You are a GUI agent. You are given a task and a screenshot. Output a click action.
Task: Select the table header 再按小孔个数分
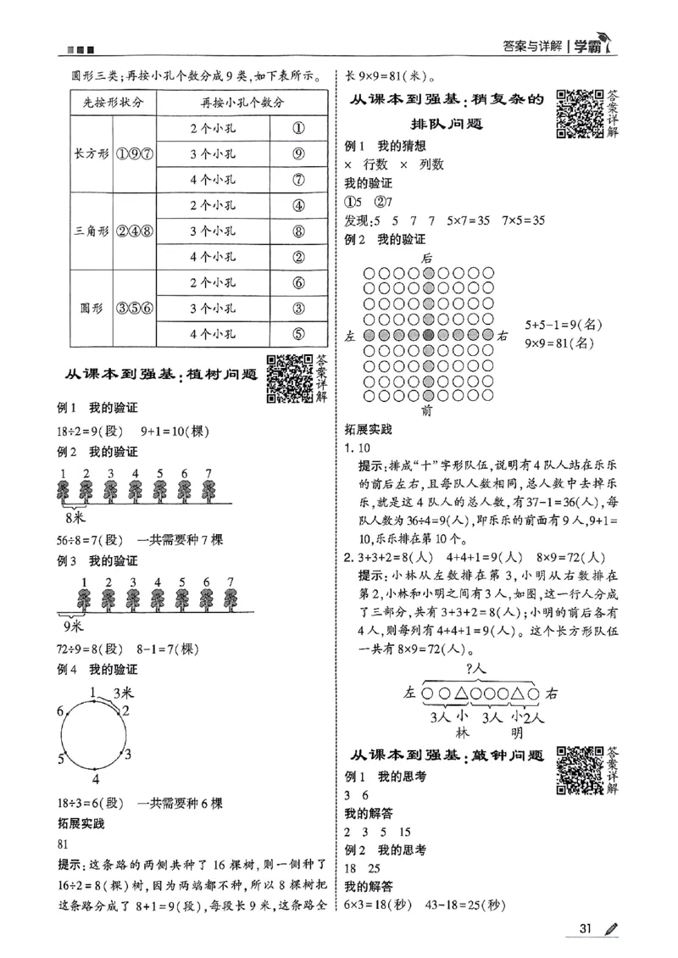(x=242, y=103)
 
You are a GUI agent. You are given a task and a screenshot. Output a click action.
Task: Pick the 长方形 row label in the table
(x=90, y=154)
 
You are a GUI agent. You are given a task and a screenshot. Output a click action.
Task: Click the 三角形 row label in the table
(x=90, y=231)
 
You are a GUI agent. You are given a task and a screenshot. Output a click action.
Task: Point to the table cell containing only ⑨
(x=298, y=154)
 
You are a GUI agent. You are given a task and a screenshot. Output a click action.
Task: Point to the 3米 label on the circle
(x=123, y=691)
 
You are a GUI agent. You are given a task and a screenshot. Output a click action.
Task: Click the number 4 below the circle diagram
(x=96, y=779)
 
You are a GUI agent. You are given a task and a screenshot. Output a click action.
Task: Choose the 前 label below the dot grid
(x=427, y=411)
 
